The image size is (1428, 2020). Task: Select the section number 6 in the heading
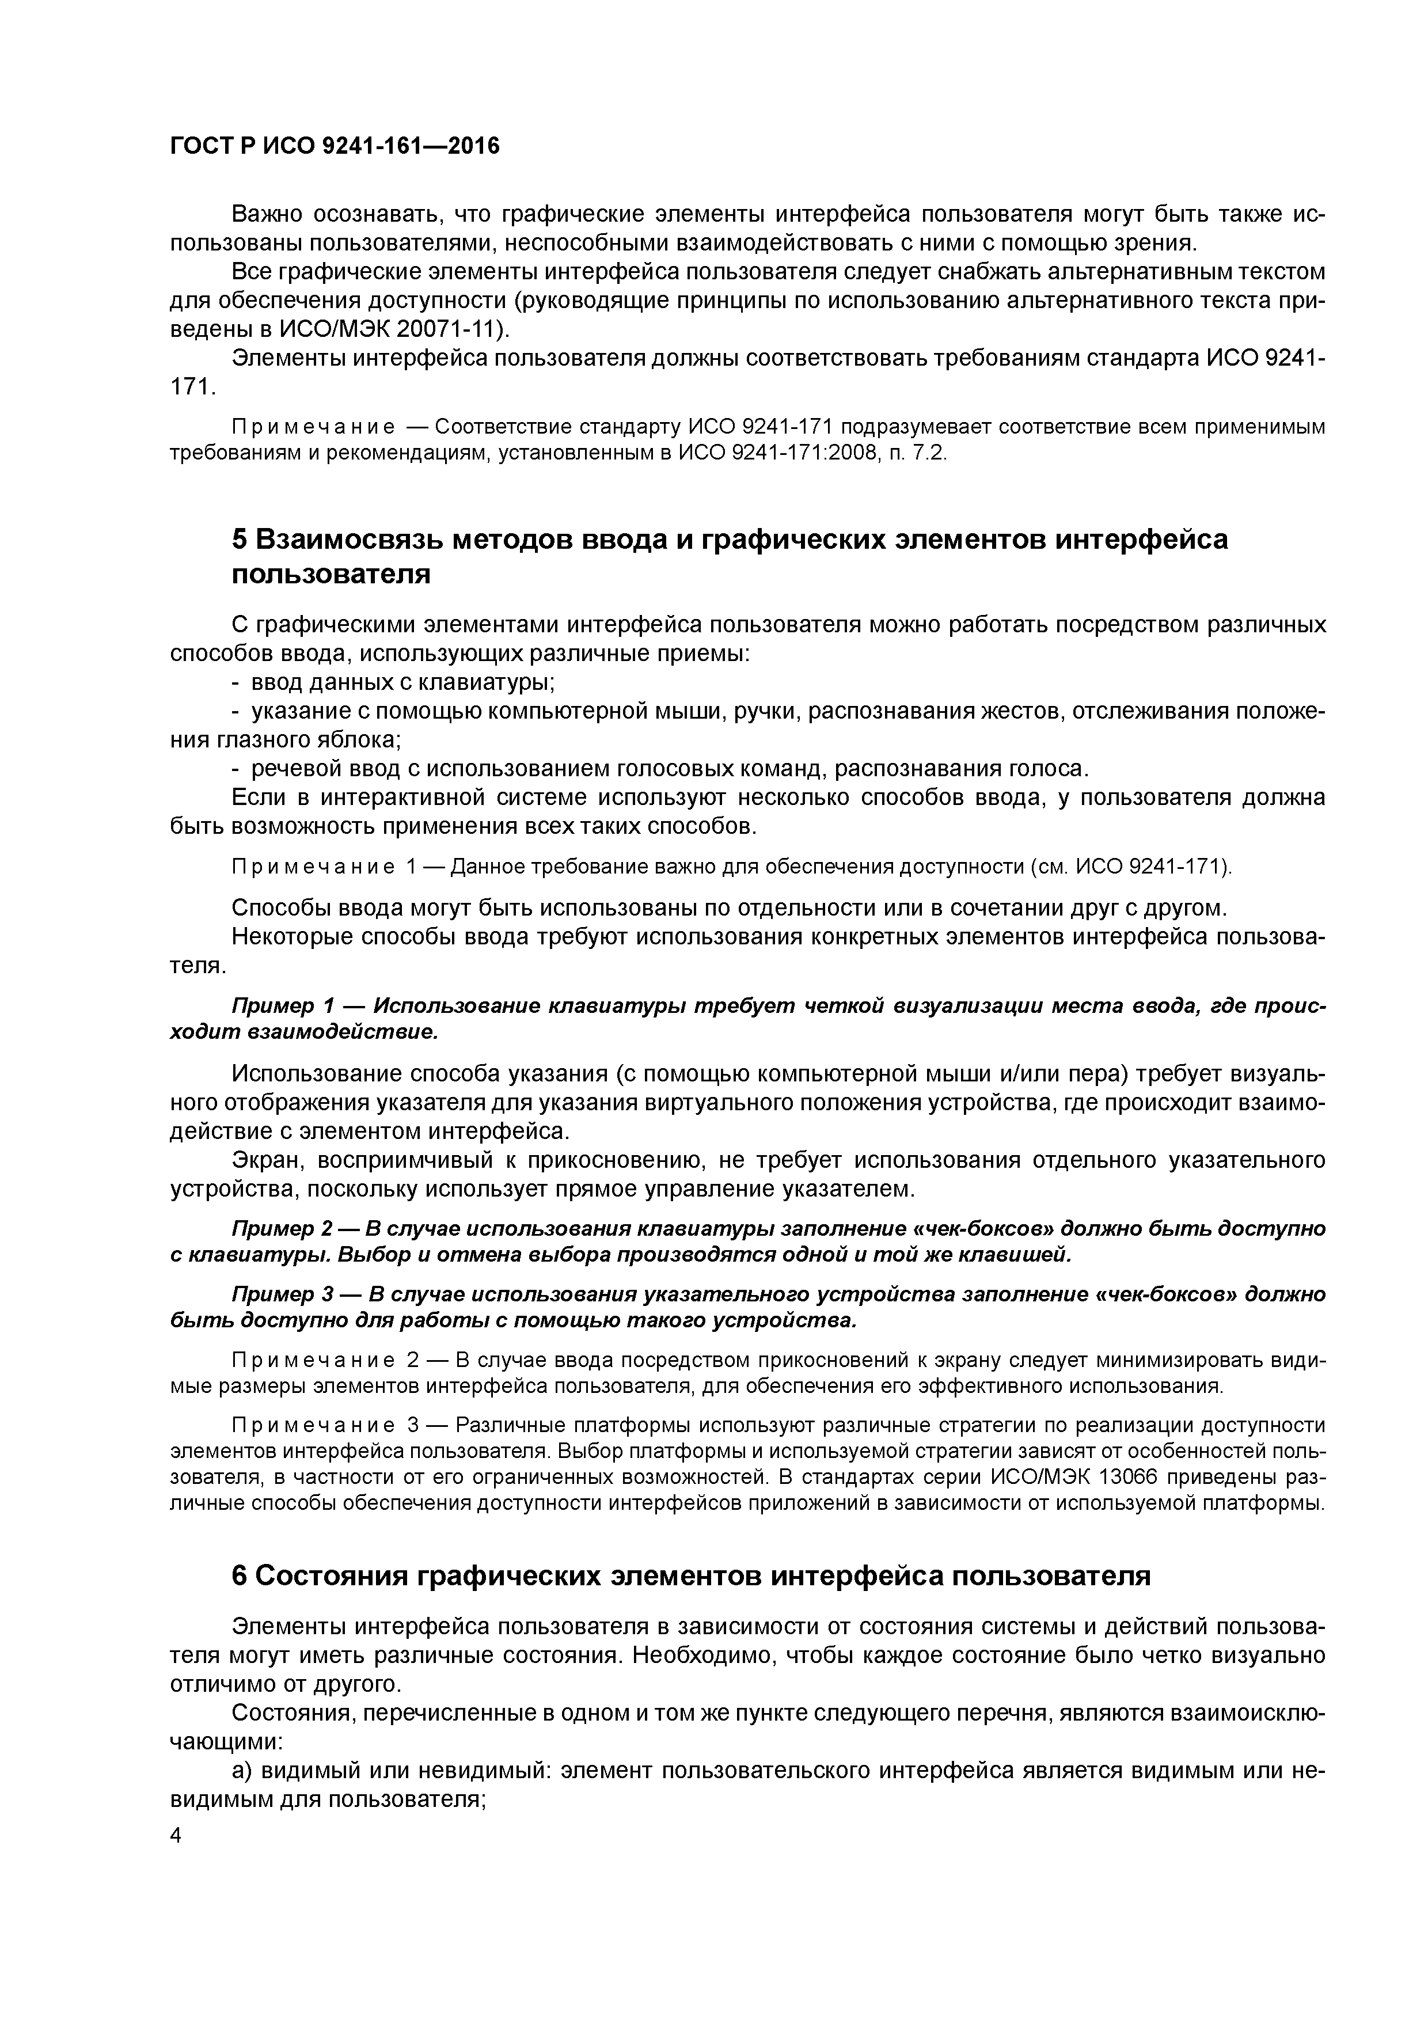coord(240,1575)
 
